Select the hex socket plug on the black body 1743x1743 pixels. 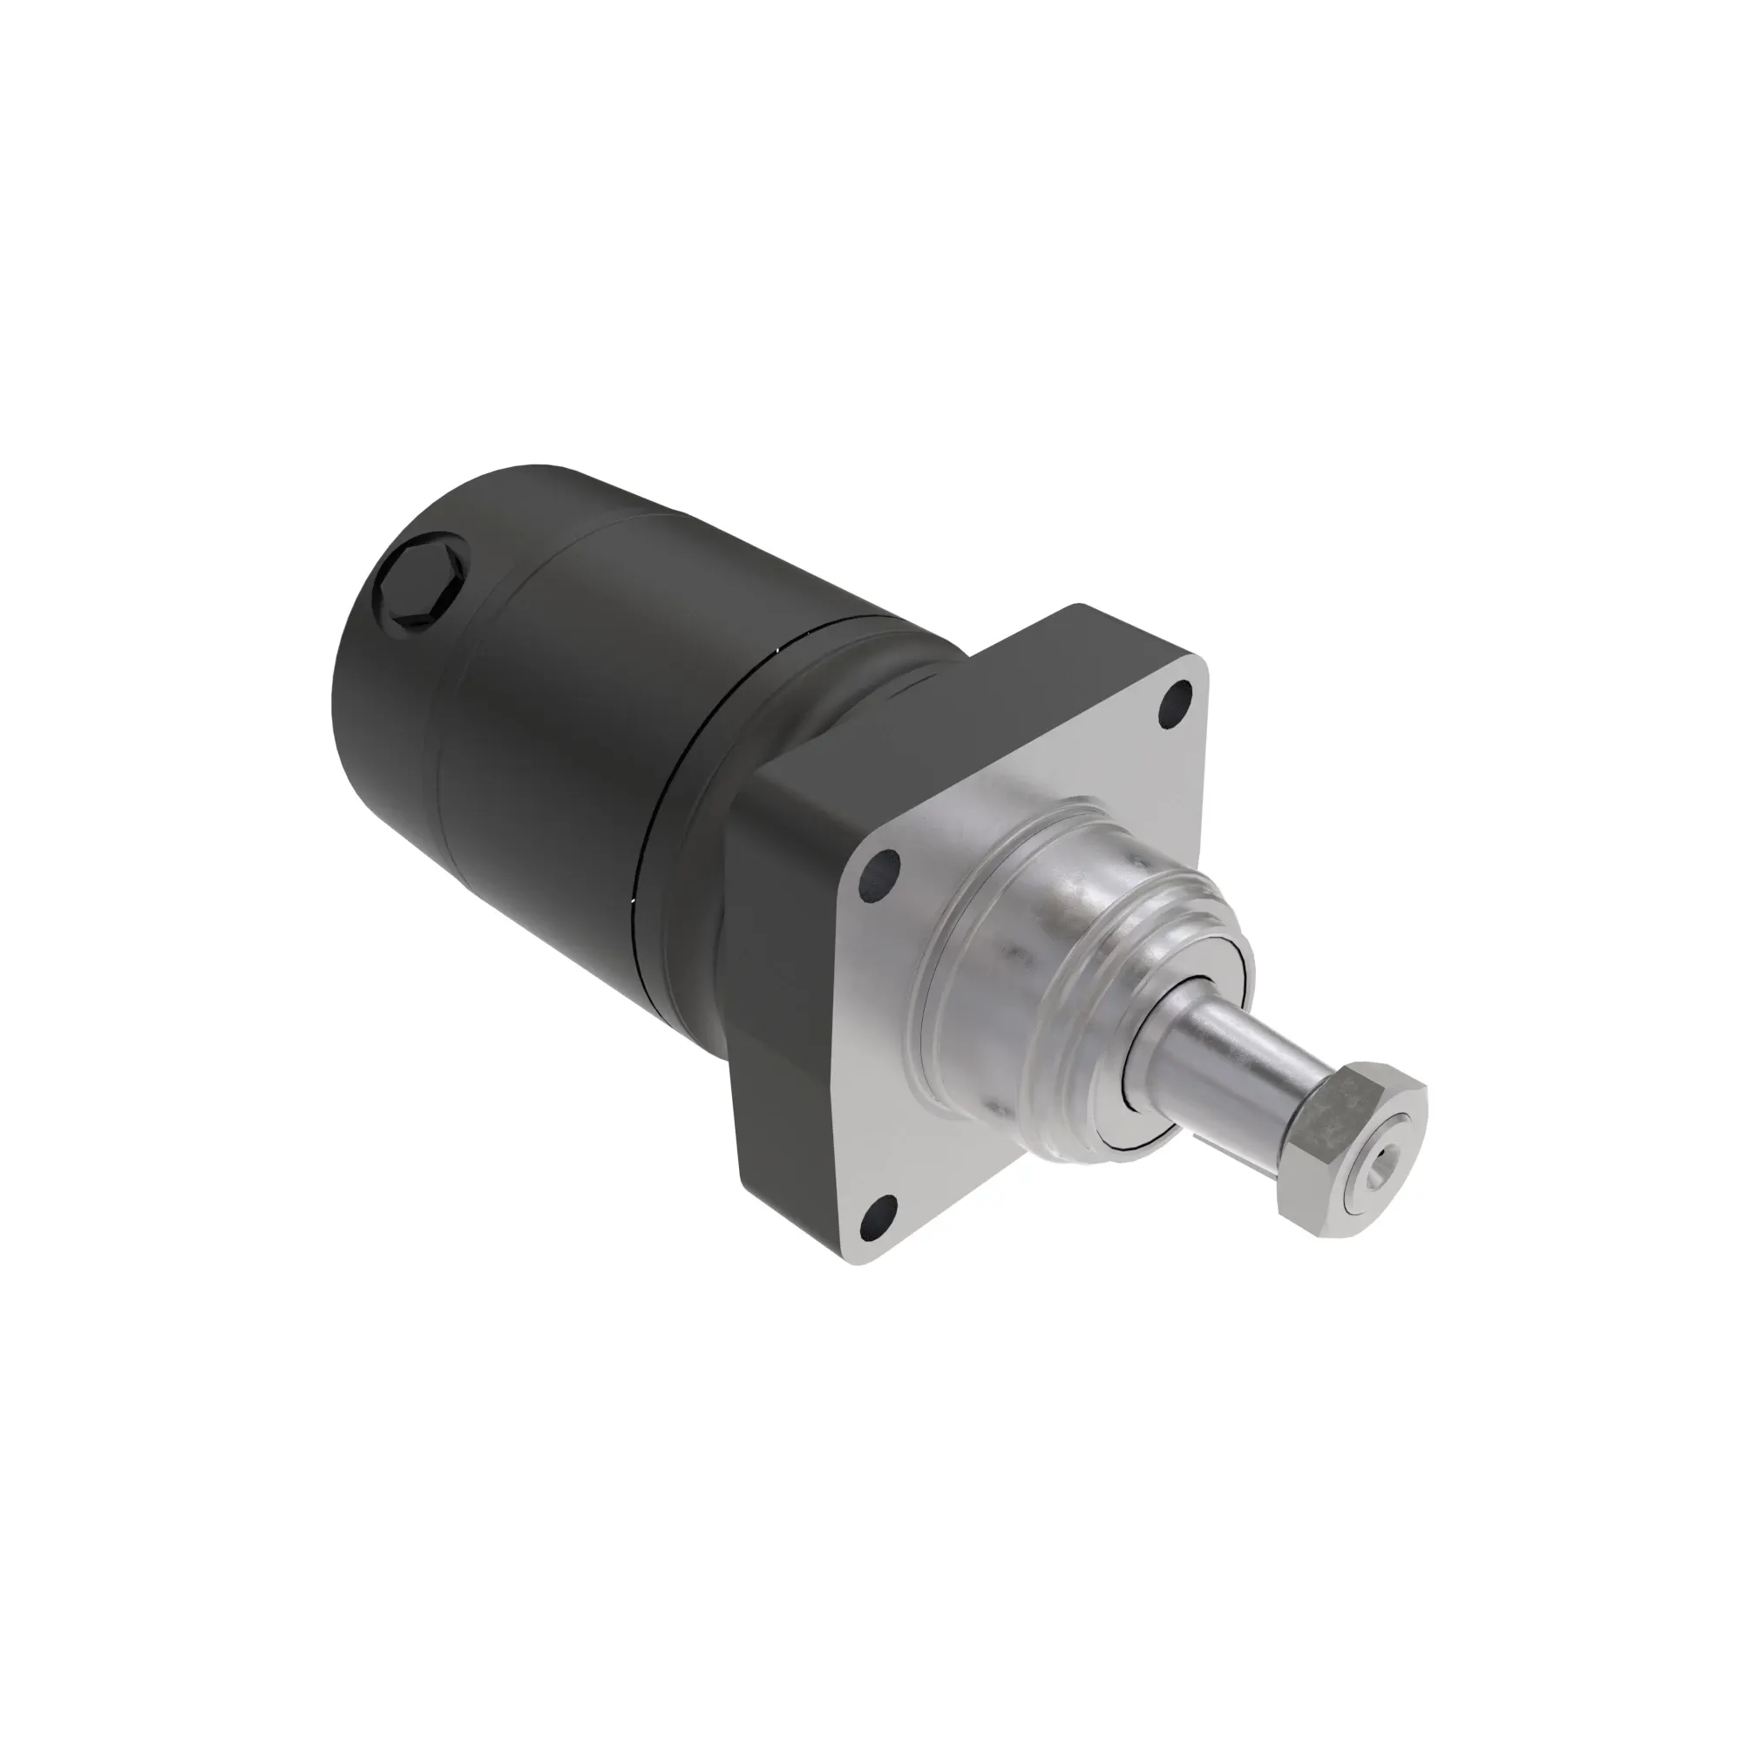pos(420,587)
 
